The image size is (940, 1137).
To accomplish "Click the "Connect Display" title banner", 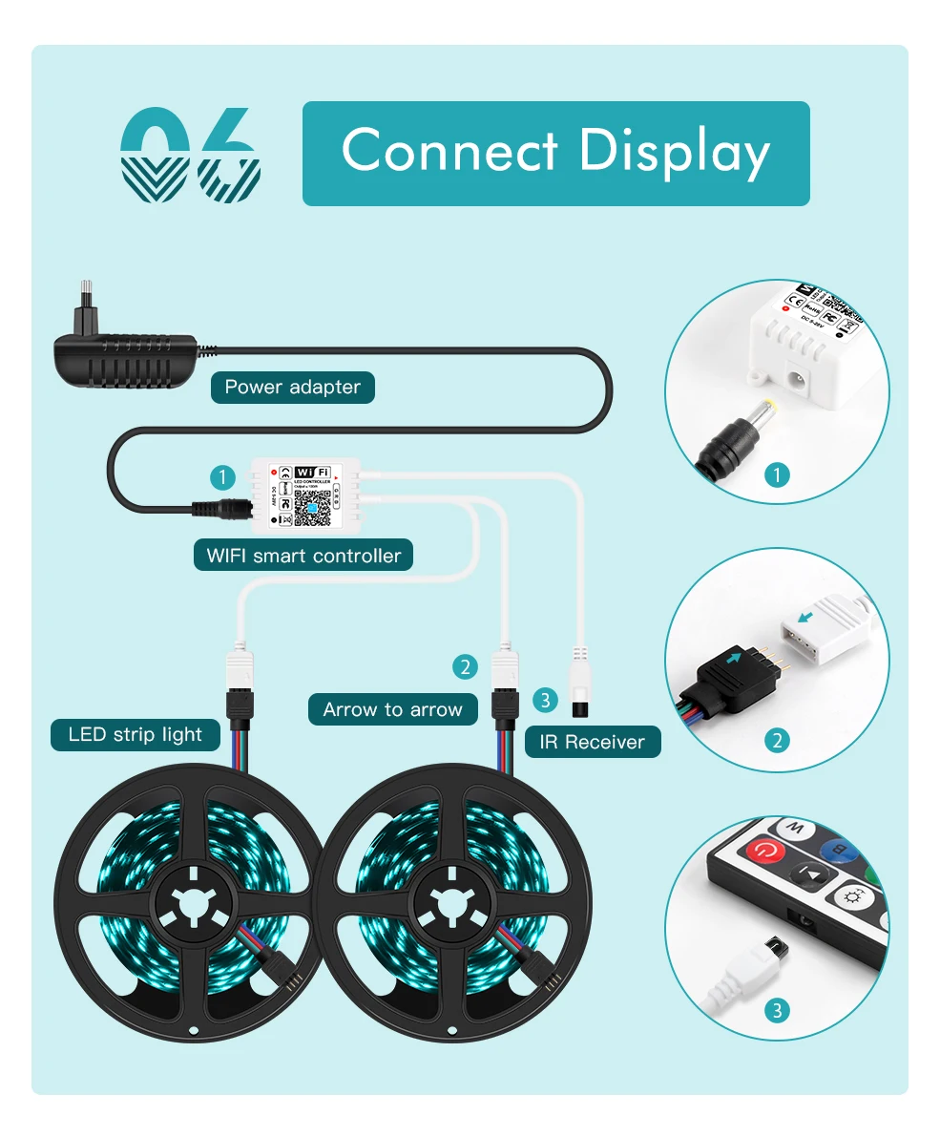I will point(555,153).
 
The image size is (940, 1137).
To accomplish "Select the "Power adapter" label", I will point(292,387).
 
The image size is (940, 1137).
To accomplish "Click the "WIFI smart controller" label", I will point(303,555).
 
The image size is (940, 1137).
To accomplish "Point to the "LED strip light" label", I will point(135,734).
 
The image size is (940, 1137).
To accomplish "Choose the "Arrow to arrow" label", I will point(392,709).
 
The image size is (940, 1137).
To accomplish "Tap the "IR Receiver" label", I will point(592,742).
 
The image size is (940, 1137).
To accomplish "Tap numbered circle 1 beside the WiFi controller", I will point(222,476).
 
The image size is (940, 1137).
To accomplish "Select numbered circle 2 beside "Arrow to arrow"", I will point(465,666).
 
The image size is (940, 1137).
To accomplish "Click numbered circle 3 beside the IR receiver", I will point(544,701).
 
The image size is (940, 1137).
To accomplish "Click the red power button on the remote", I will point(764,852).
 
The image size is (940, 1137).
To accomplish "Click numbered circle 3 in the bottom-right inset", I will point(778,1010).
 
